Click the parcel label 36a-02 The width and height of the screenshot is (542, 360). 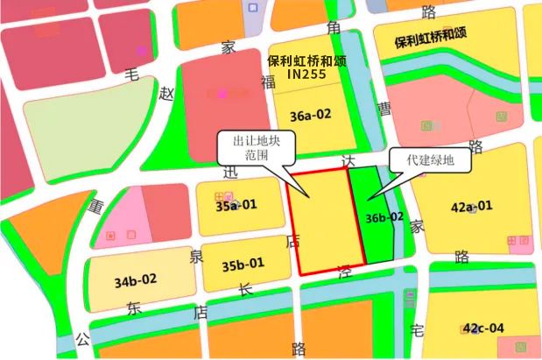coord(311,115)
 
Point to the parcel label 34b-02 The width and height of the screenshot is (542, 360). coord(136,281)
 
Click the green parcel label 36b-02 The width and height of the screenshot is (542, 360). coord(385,217)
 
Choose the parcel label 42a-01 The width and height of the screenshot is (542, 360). coord(471,207)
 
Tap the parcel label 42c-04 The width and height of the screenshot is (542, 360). coord(484,328)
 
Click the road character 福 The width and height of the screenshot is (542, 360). coord(268,81)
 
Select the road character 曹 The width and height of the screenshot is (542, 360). coord(384,107)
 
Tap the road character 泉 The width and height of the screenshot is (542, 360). coord(197,255)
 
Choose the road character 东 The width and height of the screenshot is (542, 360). coord(133,308)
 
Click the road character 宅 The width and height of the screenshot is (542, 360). coord(418,328)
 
